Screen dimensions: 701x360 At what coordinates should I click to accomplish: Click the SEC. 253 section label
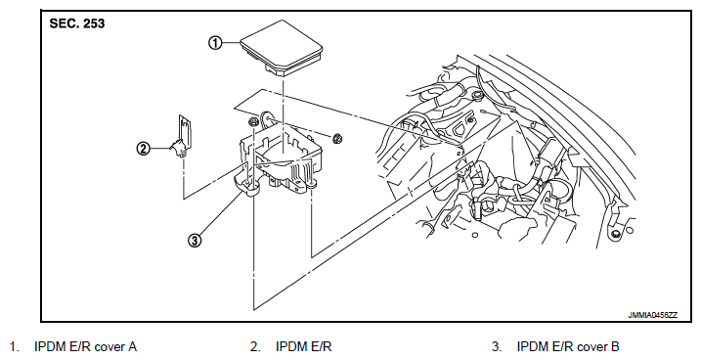(x=77, y=23)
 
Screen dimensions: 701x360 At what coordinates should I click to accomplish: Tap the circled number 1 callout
(x=215, y=43)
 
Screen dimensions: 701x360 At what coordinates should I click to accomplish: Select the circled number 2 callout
(x=143, y=148)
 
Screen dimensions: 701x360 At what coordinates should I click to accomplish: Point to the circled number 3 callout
(x=195, y=241)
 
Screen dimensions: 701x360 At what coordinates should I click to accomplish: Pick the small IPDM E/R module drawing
(x=183, y=136)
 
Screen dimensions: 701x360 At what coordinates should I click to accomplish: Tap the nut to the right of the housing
(x=337, y=138)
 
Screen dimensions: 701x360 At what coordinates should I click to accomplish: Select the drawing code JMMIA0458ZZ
(x=653, y=315)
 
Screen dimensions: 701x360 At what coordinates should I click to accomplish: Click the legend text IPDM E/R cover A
(x=85, y=346)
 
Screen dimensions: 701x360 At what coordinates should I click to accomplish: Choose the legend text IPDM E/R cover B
(x=568, y=346)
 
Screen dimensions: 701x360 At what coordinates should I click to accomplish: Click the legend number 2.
(x=255, y=346)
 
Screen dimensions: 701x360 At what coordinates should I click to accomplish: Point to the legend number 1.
(x=14, y=346)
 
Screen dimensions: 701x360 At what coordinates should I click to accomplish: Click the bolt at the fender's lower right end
(x=616, y=233)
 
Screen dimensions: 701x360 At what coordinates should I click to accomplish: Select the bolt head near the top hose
(x=476, y=95)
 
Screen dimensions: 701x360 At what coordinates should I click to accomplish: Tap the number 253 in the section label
(x=94, y=23)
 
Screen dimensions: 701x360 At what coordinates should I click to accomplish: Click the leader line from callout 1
(x=231, y=43)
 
